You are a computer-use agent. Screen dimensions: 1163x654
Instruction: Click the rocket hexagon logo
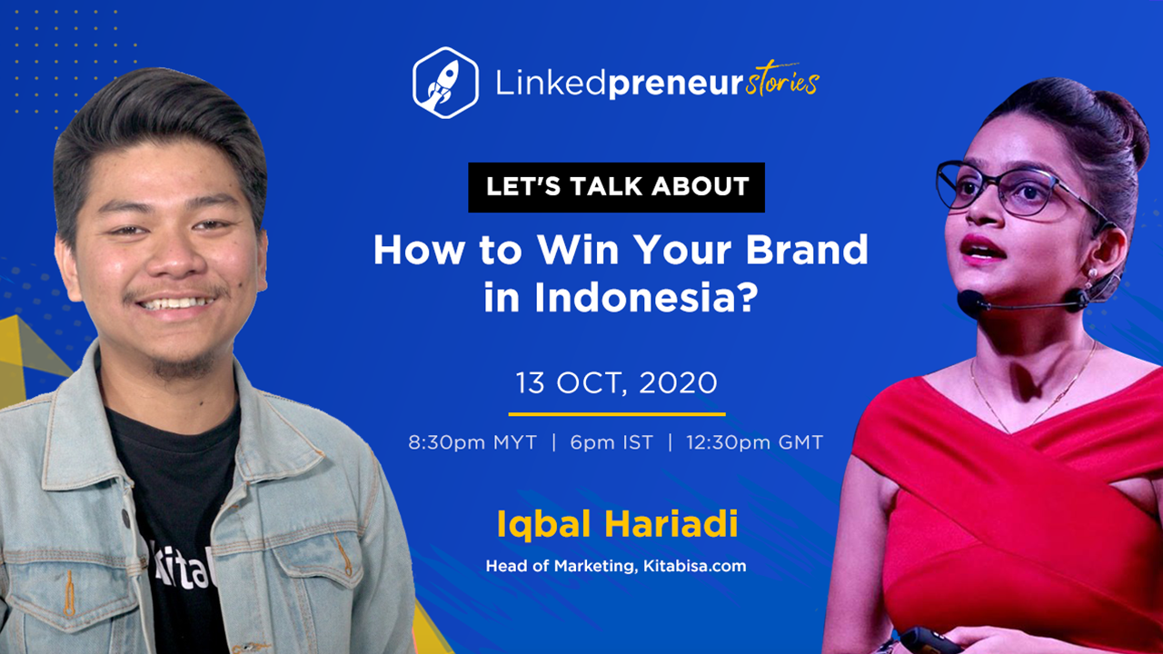(445, 83)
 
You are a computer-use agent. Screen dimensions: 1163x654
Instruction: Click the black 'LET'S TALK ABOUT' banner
(616, 187)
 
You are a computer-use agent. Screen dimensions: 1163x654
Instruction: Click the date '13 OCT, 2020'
(616, 383)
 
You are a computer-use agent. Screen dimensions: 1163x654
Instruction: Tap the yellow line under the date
(617, 414)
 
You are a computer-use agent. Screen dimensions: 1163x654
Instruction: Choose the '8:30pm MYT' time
(472, 442)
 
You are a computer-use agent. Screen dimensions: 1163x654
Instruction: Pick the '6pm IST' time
(611, 442)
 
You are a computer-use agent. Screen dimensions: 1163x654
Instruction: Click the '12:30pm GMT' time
(755, 442)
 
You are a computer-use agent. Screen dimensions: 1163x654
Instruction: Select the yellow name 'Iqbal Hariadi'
(617, 524)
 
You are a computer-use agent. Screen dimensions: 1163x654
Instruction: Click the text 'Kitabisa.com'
(695, 566)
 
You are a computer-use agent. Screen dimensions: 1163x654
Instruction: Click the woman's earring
(1092, 272)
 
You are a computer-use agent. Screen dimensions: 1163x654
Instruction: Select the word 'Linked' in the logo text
(551, 83)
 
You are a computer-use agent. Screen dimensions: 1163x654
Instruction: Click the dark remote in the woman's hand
(929, 640)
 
